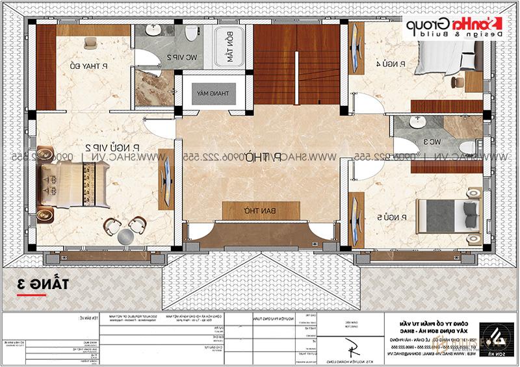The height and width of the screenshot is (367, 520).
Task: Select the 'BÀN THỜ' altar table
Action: tap(247, 211)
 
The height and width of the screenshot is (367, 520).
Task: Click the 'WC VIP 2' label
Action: tap(171, 58)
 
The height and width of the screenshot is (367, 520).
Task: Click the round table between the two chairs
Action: tap(123, 234)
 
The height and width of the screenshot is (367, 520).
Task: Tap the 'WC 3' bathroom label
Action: tap(435, 140)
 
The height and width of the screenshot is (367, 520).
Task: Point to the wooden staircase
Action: tap(297, 65)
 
